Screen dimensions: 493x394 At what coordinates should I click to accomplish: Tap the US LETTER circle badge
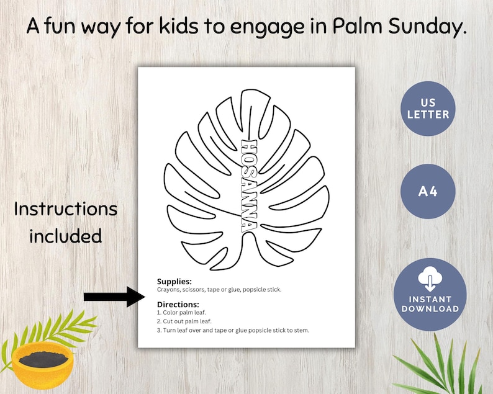point(428,109)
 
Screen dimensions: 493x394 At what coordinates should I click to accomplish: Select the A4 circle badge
point(428,190)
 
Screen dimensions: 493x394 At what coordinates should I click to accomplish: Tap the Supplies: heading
point(174,282)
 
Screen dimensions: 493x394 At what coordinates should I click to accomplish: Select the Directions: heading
point(178,305)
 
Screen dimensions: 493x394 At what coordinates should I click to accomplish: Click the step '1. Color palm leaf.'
point(183,313)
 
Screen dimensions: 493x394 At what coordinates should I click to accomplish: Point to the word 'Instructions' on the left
point(66,209)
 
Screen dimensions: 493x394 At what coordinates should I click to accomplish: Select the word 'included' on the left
point(66,235)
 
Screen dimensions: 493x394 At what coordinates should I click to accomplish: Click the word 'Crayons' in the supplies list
point(168,290)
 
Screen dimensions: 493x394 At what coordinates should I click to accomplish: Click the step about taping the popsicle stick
point(233,330)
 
